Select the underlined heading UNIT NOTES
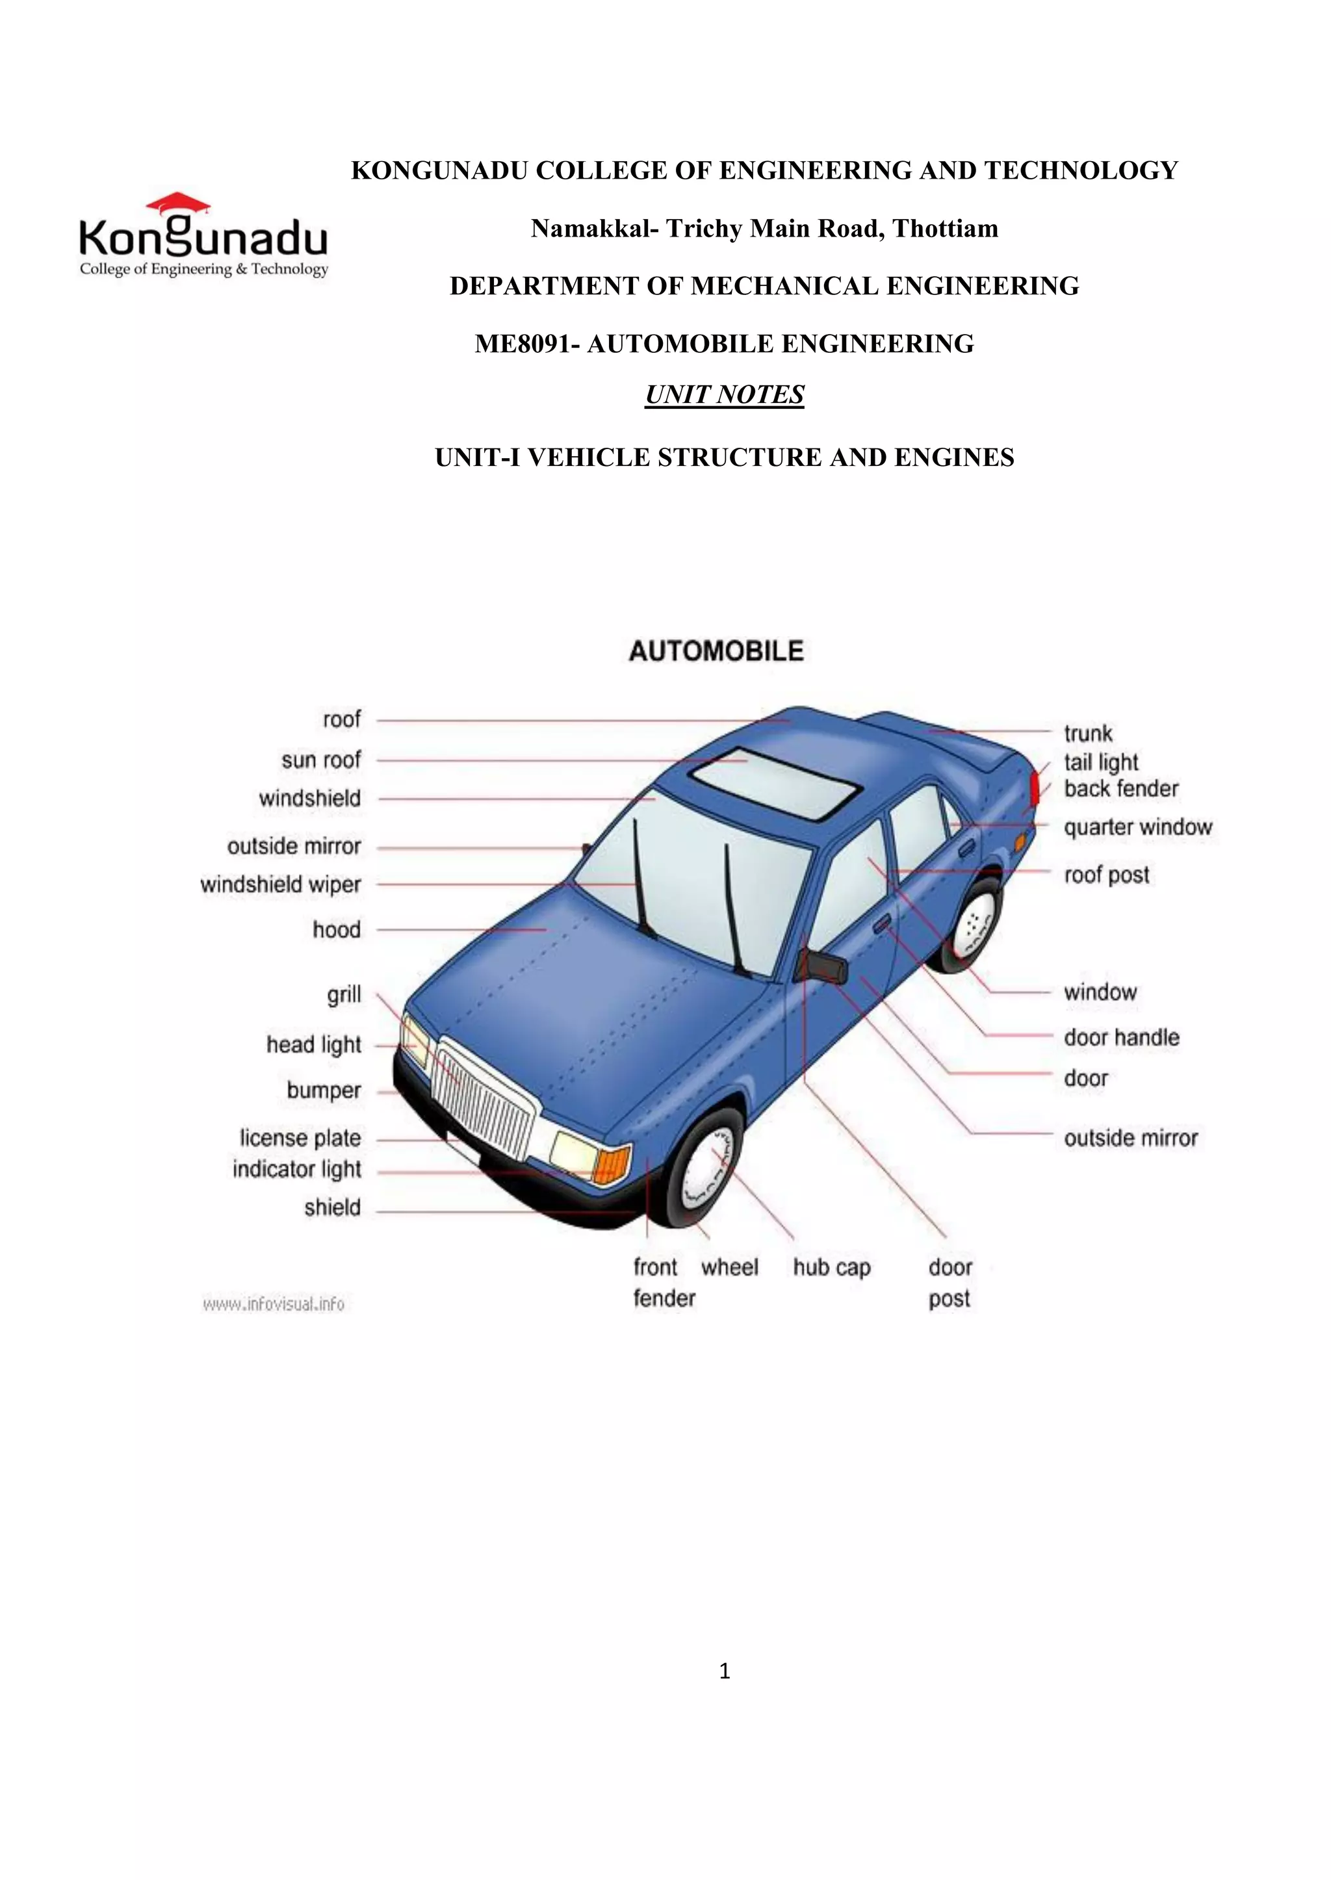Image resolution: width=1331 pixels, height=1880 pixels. pos(724,395)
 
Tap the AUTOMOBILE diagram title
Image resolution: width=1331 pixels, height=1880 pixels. pos(716,652)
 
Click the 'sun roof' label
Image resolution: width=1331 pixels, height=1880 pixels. pos(320,760)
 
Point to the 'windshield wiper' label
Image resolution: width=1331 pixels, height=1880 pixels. pos(280,885)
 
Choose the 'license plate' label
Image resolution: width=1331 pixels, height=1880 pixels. pos(300,1139)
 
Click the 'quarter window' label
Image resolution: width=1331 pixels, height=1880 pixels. pos(1137,828)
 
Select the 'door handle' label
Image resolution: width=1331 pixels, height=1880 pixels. pos(1121,1038)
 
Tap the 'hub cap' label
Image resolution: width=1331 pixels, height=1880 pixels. pos(831,1268)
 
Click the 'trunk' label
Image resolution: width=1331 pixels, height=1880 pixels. pos(1087,734)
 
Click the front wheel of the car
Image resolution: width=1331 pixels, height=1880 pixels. pos(706,1168)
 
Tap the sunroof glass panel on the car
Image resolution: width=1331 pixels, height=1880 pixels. pos(775,784)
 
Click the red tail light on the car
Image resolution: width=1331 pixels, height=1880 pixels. pos(1035,788)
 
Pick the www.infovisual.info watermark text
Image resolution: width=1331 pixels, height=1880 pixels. pos(274,1304)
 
